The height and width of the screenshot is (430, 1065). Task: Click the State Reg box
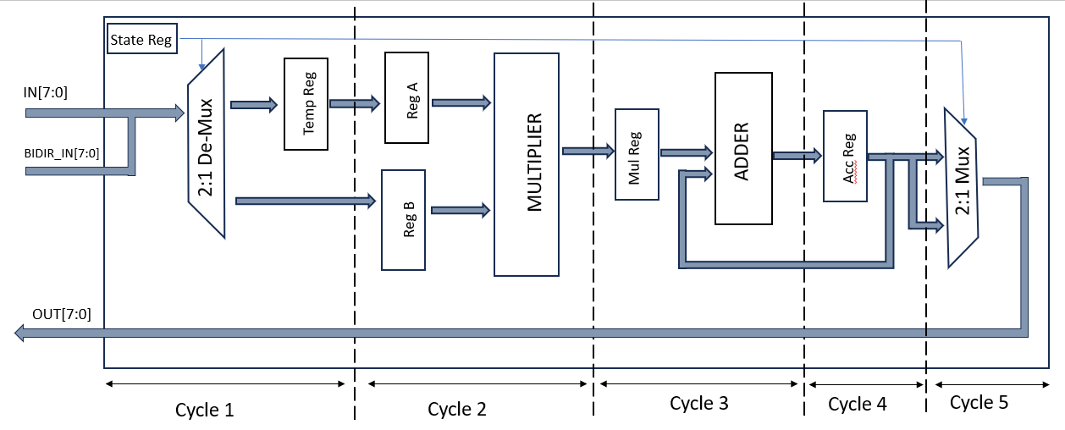[x=141, y=39]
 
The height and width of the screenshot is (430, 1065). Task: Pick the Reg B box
[x=403, y=219]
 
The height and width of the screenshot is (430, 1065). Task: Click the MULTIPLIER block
[x=526, y=164]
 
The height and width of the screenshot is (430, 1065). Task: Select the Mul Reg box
[x=637, y=154]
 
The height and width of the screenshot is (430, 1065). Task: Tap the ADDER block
[x=743, y=148]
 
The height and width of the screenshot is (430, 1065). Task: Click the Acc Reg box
[x=844, y=155]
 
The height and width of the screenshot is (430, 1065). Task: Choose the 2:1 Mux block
[x=962, y=185]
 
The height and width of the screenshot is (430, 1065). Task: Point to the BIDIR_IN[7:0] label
[x=62, y=153]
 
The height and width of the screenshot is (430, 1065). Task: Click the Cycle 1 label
[x=204, y=410]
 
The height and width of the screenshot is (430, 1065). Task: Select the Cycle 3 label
[x=698, y=404]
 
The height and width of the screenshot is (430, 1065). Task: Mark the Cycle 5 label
[x=979, y=402]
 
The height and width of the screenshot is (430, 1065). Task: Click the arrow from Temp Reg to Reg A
[x=354, y=103]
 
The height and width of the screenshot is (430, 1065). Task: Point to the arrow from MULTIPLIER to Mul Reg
[x=587, y=151]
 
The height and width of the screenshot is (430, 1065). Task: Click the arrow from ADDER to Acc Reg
[x=797, y=155]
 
